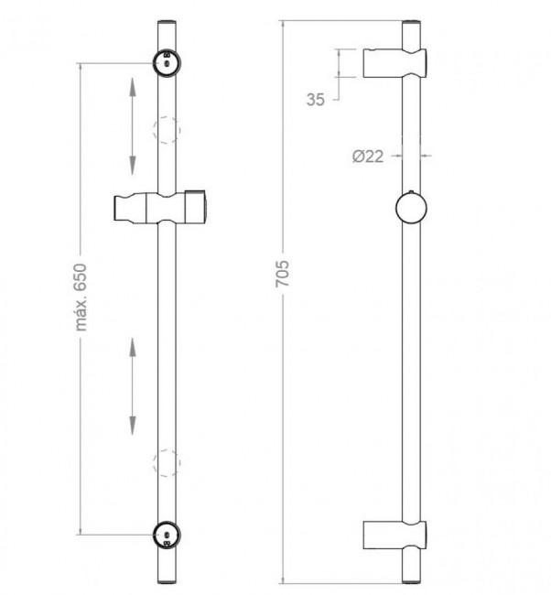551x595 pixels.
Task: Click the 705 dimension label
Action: (282, 273)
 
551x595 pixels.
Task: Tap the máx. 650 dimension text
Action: (81, 297)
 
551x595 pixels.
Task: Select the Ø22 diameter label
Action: (368, 157)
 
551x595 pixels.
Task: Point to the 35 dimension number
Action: (316, 100)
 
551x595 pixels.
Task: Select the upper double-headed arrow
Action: (133, 126)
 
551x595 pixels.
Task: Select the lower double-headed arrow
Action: (133, 386)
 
